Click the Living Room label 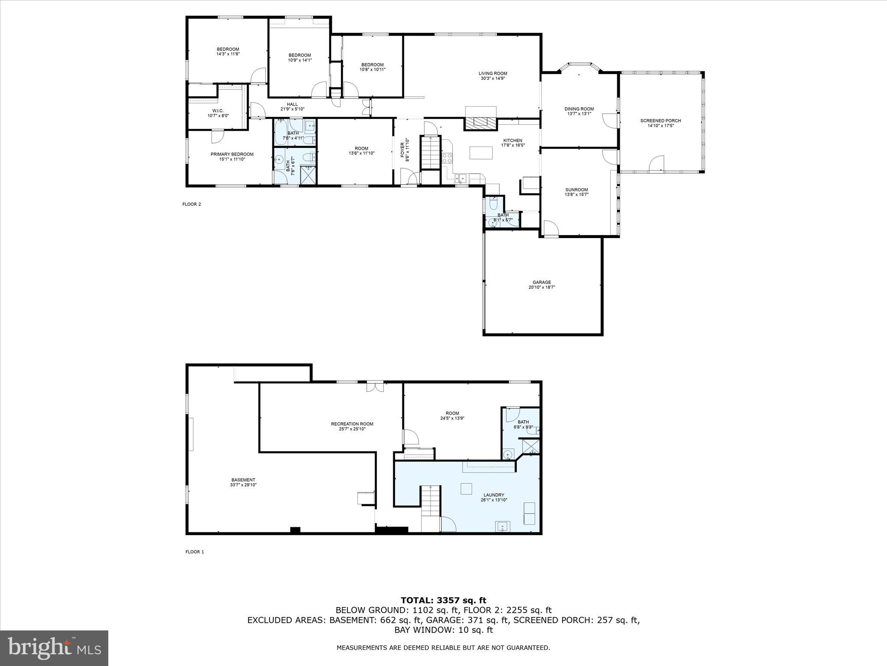click(492, 73)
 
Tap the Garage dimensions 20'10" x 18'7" click(541, 287)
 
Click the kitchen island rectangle click(481, 153)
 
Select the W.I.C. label click(218, 111)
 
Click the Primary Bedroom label click(232, 154)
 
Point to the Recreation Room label click(352, 424)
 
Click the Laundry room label click(494, 495)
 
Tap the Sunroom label click(576, 189)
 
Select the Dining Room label click(579, 109)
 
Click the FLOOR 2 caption click(191, 204)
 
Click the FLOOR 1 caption click(194, 552)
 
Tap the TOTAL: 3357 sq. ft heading click(443, 600)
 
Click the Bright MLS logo click(54, 648)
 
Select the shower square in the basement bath click(531, 446)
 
